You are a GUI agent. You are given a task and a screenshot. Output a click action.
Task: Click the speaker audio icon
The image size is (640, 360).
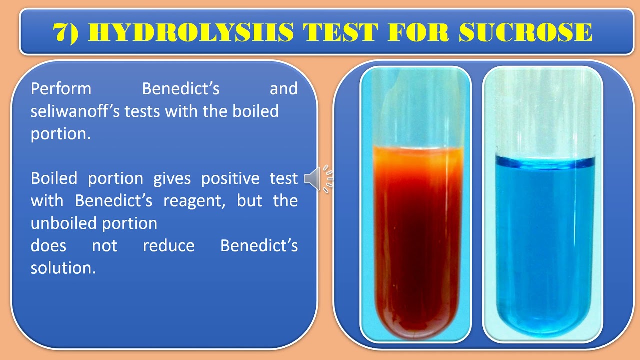318,179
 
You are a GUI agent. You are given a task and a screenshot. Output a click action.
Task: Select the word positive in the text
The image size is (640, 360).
230,178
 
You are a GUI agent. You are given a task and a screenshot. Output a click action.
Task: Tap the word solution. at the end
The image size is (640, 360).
63,268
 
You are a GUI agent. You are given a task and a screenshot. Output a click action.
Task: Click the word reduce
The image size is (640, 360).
168,246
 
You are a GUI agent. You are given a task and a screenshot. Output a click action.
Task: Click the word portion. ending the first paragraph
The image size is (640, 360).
60,134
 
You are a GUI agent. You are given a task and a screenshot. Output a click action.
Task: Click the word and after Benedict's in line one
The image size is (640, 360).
283,89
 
